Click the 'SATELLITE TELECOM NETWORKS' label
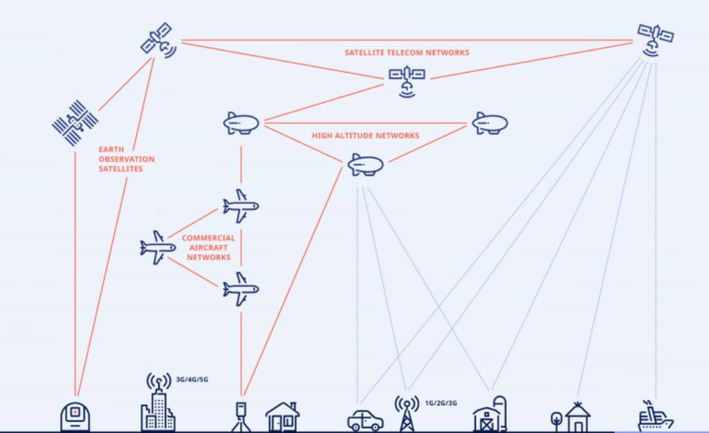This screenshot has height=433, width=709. [407, 53]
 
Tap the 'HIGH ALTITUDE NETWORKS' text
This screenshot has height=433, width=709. [365, 136]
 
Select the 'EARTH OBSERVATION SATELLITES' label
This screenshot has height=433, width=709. [126, 159]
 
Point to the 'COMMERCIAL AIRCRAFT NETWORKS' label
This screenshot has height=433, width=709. [208, 248]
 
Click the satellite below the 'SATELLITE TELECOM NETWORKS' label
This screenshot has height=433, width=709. [406, 78]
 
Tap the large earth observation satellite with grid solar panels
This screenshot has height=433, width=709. [74, 123]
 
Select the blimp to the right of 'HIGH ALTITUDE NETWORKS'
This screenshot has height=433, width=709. [490, 124]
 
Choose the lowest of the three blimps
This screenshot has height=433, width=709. [365, 165]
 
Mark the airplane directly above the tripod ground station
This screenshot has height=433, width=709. [241, 288]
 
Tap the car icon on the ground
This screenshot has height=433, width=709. [365, 420]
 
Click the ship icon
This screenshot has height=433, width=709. [654, 416]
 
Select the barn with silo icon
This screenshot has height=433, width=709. [490, 415]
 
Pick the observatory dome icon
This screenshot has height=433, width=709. [75, 417]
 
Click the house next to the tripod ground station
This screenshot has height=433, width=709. [282, 417]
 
